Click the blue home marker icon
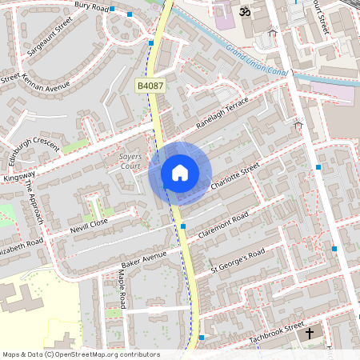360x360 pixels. [x=180, y=173]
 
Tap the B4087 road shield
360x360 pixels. [x=149, y=86]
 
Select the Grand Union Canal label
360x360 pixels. [x=257, y=62]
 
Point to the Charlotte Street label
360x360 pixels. [x=236, y=178]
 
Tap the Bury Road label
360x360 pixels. [x=90, y=6]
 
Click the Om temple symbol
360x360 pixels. [x=245, y=13]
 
